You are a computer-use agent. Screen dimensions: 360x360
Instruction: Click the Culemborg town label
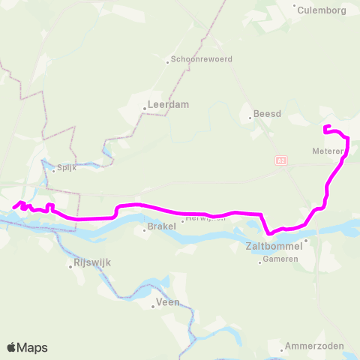(x=322, y=10)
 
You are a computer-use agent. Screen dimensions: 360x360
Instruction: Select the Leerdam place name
(x=166, y=104)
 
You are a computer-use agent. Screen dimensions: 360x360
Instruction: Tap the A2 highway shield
(x=280, y=160)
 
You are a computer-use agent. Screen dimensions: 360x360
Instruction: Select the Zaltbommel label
(x=274, y=246)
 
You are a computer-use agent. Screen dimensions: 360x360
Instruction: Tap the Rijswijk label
(x=92, y=264)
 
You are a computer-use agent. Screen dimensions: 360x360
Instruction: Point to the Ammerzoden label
(x=314, y=346)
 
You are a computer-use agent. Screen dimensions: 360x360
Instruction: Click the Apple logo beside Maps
(x=12, y=347)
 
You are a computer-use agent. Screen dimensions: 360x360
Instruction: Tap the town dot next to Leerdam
(x=145, y=109)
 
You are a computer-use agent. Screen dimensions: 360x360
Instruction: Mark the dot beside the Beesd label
(x=250, y=118)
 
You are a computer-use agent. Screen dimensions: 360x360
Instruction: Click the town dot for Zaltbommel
(x=306, y=241)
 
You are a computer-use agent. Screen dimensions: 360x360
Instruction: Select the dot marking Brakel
(x=145, y=230)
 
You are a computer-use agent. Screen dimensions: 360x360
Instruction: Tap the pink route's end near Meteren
(x=325, y=127)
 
